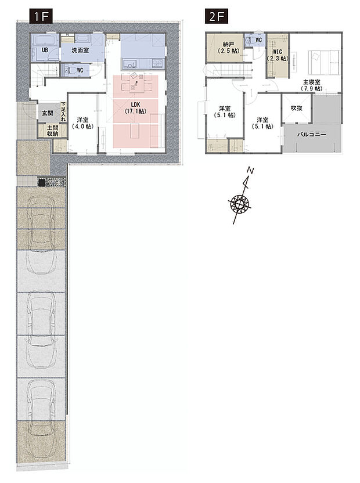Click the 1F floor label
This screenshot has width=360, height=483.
pyautogui.click(x=41, y=16)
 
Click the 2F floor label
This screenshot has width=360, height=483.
pyautogui.click(x=217, y=16)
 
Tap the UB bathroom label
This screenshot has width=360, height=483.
pyautogui.click(x=45, y=50)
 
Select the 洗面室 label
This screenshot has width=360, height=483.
pyautogui.click(x=80, y=50)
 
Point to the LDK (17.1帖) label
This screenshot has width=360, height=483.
pyautogui.click(x=136, y=108)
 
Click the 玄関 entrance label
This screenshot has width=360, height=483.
pyautogui.click(x=48, y=113)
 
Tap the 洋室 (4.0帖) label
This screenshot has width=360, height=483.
pyautogui.click(x=82, y=122)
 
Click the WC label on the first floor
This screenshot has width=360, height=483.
pyautogui.click(x=80, y=70)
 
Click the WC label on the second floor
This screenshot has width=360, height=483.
pyautogui.click(x=258, y=40)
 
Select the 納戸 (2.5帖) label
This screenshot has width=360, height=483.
pyautogui.click(x=228, y=48)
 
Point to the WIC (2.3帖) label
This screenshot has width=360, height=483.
pyautogui.click(x=278, y=55)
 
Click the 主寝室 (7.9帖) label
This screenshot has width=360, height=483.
pyautogui.click(x=311, y=85)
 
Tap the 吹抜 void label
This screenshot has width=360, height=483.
pyautogui.click(x=297, y=108)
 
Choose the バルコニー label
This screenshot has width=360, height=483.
pyautogui.click(x=312, y=135)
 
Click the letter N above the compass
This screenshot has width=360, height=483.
pyautogui.click(x=251, y=170)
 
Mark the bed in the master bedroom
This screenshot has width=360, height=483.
pyautogui.click(x=323, y=62)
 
